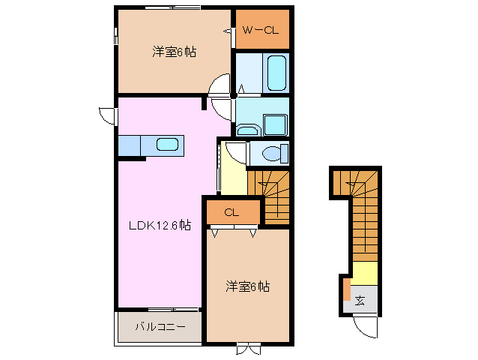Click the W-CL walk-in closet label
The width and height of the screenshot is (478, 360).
[260, 31]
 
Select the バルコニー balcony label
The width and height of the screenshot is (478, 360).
[158, 326]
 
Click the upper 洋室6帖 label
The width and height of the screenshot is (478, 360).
[175, 52]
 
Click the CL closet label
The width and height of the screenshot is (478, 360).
[232, 212]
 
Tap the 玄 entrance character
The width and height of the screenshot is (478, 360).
[360, 301]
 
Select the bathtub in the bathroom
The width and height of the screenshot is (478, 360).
[276, 73]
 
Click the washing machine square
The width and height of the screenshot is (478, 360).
[276, 124]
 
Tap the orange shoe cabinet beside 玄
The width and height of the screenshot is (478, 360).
[346, 289]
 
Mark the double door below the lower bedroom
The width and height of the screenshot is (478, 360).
[247, 348]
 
